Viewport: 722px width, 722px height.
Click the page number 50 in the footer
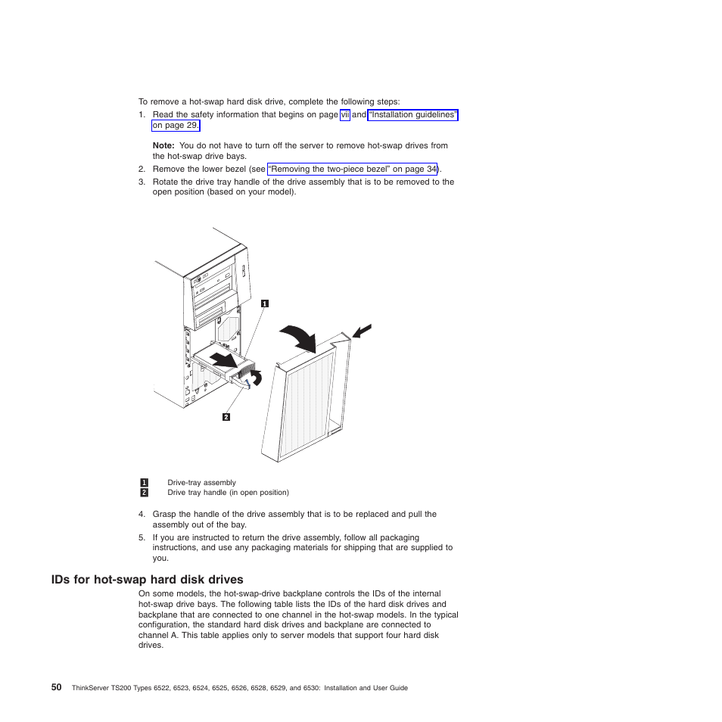coord(57,687)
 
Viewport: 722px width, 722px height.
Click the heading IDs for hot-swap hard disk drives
coord(147,580)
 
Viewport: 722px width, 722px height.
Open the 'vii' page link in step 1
coord(344,115)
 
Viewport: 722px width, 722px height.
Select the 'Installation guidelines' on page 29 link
coord(412,115)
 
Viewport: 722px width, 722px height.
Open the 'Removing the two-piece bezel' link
coord(353,169)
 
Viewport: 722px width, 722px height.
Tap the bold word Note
coord(163,145)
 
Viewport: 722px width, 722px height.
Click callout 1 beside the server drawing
coord(264,303)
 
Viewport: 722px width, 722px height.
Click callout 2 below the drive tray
coord(226,416)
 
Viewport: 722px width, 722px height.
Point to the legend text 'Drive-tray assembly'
coord(201,482)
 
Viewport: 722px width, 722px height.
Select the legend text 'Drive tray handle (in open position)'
coord(228,492)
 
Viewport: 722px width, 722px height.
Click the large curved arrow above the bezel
coord(299,337)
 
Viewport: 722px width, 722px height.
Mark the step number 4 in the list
coord(142,515)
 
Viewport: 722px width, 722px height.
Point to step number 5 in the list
coord(142,538)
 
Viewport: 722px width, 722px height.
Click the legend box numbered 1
coord(144,482)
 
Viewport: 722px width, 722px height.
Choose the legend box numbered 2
coord(144,492)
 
